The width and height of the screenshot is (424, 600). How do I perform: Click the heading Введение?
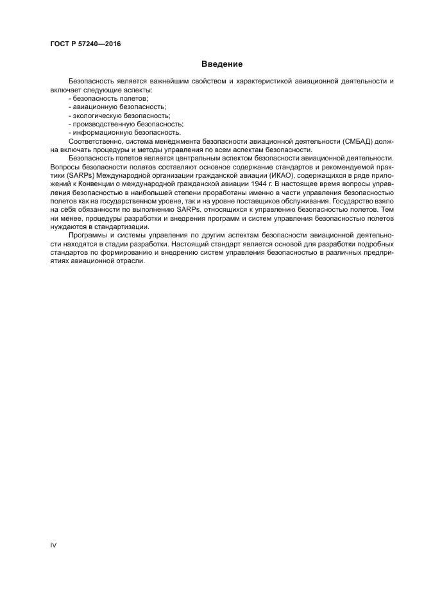tap(222, 64)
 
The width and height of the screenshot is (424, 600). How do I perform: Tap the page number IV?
tap(54, 545)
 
